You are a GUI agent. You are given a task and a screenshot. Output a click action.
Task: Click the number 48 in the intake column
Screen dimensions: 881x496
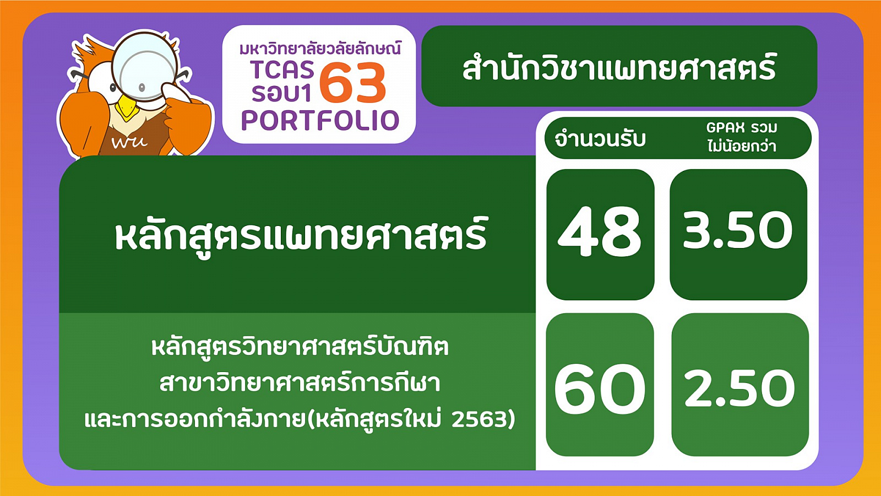[600, 231]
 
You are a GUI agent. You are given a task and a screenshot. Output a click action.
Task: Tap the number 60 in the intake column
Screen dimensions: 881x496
[600, 389]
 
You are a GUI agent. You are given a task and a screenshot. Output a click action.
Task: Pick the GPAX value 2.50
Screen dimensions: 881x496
[739, 388]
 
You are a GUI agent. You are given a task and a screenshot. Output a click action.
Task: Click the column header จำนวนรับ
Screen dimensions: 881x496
[600, 139]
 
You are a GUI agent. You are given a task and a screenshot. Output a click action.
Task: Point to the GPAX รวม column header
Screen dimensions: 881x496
[742, 127]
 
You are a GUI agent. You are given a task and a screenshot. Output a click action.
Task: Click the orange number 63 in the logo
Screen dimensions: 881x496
[352, 83]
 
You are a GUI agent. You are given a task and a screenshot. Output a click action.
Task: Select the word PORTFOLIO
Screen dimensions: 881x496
[320, 121]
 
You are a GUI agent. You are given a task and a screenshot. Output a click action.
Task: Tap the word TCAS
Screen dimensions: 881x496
[282, 69]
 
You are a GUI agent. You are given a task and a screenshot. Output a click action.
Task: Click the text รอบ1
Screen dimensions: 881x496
[281, 93]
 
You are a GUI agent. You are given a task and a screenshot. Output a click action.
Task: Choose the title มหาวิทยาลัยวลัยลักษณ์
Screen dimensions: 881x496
[320, 49]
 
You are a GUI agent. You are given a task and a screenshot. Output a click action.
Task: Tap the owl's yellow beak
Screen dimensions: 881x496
[127, 107]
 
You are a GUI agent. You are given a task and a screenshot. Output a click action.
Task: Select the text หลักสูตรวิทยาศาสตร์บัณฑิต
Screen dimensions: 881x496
[300, 346]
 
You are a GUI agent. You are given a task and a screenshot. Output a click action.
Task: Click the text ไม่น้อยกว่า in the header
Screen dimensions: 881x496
[742, 145]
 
